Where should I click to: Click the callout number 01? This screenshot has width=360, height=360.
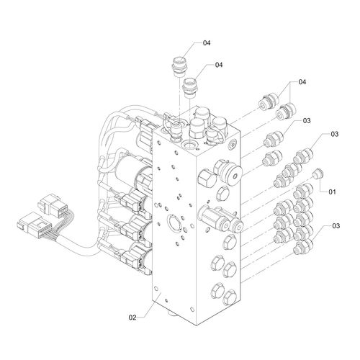(332, 192)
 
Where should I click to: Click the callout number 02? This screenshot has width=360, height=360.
(132, 318)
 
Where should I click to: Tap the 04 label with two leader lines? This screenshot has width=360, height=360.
(302, 82)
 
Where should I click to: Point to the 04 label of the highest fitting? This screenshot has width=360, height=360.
(207, 43)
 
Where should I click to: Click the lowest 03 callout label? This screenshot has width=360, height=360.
(336, 226)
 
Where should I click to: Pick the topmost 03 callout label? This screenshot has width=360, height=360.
(307, 121)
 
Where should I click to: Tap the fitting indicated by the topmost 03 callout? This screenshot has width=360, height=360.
(274, 139)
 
